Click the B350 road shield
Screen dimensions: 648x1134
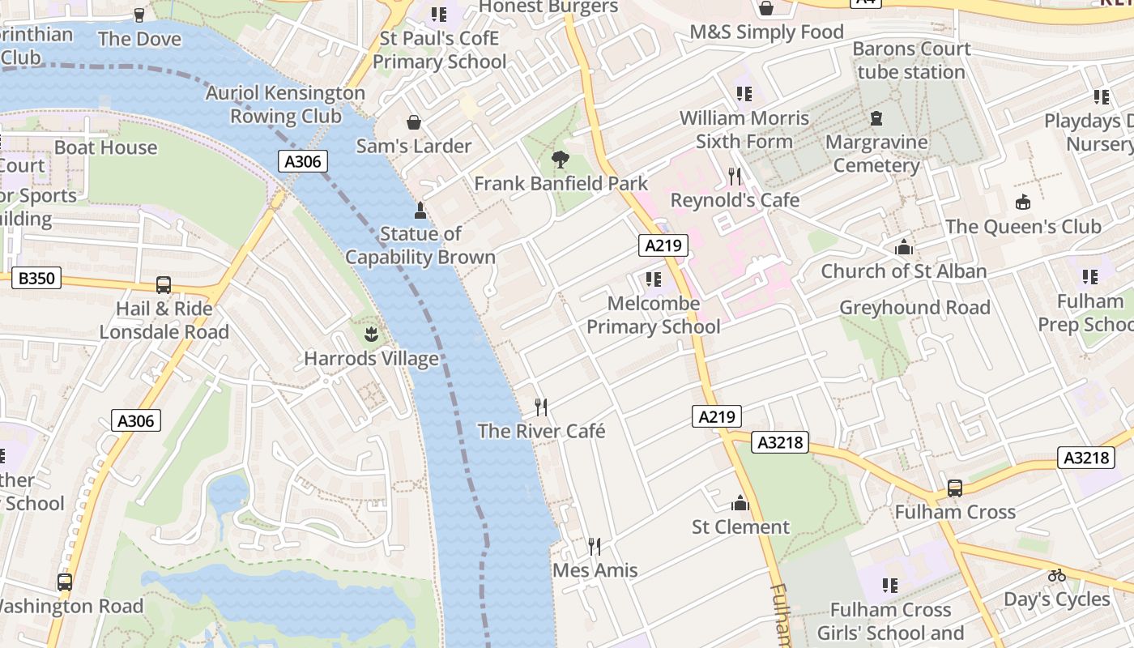click(36, 279)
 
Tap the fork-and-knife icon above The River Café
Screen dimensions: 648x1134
click(541, 407)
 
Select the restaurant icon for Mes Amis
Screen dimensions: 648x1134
click(595, 547)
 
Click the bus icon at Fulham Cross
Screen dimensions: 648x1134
click(955, 488)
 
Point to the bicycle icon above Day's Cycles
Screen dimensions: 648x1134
click(1056, 575)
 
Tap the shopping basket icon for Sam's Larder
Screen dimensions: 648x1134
click(414, 122)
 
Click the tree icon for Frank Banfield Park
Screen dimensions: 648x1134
click(560, 160)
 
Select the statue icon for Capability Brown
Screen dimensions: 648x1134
click(420, 211)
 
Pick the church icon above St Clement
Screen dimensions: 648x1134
click(740, 503)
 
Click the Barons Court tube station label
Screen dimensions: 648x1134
click(911, 61)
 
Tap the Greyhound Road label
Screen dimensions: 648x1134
click(914, 308)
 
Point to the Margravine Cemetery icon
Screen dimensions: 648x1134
click(876, 119)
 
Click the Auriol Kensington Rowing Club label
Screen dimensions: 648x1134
click(285, 104)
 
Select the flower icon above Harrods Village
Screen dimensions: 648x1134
click(371, 335)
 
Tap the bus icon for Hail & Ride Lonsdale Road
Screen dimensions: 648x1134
click(164, 285)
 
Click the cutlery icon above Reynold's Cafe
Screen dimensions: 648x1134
click(735, 176)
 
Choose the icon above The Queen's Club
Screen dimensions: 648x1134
click(1023, 202)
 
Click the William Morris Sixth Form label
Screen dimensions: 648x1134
click(744, 130)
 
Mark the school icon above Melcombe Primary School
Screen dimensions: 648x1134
click(653, 279)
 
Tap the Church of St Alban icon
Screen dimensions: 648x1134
click(903, 247)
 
